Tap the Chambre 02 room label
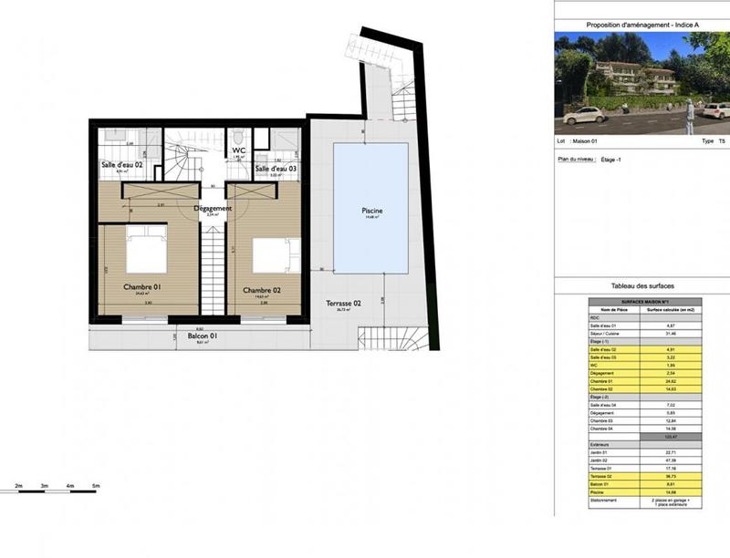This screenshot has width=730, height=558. [x=261, y=290]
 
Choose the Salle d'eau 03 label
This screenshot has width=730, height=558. [x=276, y=169]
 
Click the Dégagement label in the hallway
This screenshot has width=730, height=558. [x=213, y=208]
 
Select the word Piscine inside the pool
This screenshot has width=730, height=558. [x=371, y=211]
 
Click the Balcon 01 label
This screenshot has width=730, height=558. [x=203, y=336]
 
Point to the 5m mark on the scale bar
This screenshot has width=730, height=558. [x=95, y=488]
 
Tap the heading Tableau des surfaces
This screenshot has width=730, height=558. [x=641, y=286]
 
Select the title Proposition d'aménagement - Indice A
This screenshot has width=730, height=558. [x=641, y=25]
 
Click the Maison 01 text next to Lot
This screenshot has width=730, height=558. [x=586, y=142]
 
